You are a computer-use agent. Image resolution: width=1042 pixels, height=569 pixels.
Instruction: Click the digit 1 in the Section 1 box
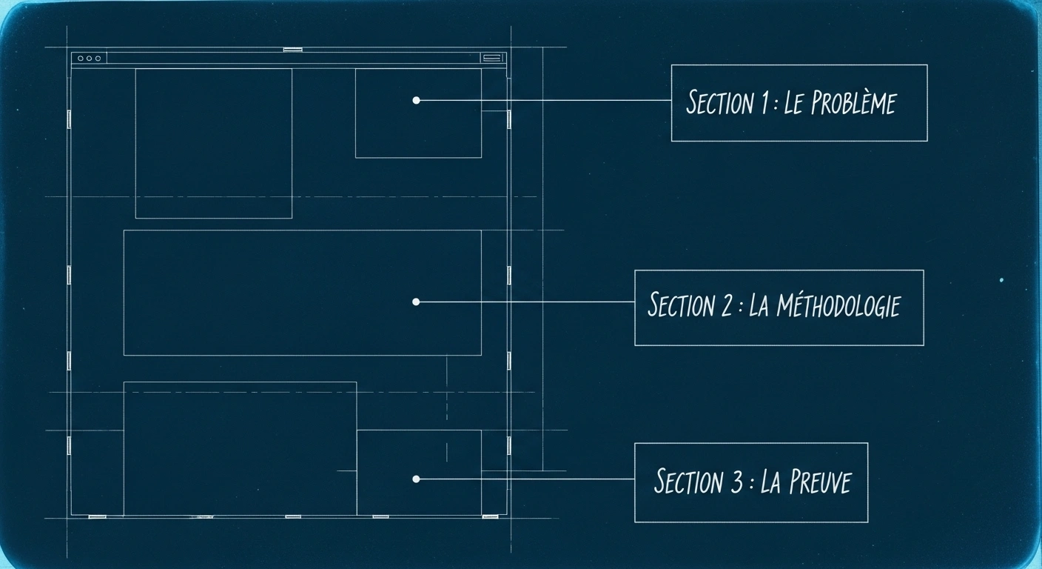click(764, 103)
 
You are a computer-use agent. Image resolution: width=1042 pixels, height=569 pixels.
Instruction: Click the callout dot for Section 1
click(416, 100)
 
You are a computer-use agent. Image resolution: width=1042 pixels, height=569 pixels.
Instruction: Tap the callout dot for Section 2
click(416, 302)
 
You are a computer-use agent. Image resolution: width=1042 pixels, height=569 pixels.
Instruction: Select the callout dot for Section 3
click(416, 479)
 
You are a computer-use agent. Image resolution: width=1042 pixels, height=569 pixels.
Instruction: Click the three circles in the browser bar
click(89, 58)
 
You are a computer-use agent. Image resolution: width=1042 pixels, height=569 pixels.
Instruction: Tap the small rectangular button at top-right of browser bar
click(491, 57)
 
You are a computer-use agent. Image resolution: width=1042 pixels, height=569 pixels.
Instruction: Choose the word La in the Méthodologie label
click(759, 305)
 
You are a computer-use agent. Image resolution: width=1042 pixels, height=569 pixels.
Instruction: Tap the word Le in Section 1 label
click(793, 103)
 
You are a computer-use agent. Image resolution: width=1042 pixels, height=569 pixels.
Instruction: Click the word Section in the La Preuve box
click(688, 482)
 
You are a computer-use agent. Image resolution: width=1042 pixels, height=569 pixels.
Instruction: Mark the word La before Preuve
click(770, 482)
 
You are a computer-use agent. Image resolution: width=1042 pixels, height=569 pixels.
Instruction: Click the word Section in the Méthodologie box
click(681, 305)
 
